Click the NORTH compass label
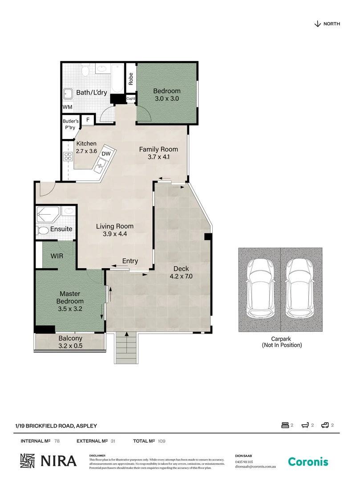tap(332, 24)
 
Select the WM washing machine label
tap(67, 107)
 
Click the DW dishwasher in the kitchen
tap(106, 154)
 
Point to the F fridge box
tap(88, 120)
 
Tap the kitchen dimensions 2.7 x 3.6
tap(86, 151)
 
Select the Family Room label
tap(158, 149)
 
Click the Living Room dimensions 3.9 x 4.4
tap(115, 234)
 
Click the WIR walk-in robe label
tap(57, 257)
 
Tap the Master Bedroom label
tap(70, 298)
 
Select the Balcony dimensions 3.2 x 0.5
tap(70, 346)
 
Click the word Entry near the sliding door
tap(130, 261)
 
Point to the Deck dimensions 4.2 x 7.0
tap(181, 276)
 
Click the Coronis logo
tap(308, 462)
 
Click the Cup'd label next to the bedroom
tap(131, 98)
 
